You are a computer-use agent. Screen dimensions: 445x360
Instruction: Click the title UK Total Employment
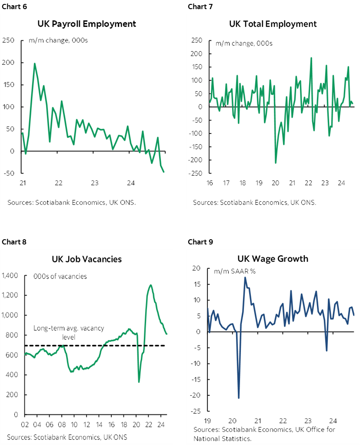tap(273, 23)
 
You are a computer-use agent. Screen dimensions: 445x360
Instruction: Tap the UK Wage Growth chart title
tap(273, 259)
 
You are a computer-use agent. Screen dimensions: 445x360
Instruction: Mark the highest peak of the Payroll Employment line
tap(35, 64)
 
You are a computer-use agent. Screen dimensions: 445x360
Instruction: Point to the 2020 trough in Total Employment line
tap(276, 163)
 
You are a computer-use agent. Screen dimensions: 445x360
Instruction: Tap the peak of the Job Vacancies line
tap(150, 285)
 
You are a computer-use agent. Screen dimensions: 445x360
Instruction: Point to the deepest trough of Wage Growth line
tap(239, 398)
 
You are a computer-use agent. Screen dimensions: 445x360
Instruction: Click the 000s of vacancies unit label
tap(60, 276)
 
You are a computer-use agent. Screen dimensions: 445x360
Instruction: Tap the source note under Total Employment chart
tap(254, 202)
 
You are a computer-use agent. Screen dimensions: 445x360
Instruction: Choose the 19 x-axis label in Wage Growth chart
tap(207, 421)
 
